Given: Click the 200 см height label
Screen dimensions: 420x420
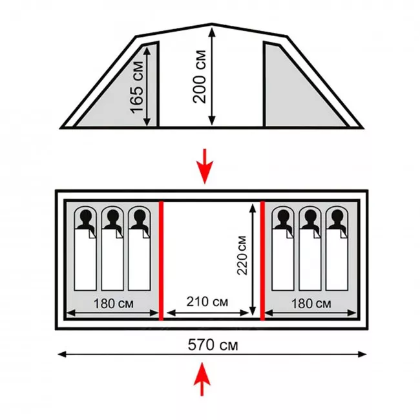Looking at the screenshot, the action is coord(200,77).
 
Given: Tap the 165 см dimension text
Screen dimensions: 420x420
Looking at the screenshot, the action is coord(136,87).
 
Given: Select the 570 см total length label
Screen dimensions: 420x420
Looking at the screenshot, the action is coord(213,345).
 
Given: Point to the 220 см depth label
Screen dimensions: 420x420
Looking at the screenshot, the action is coord(242,255).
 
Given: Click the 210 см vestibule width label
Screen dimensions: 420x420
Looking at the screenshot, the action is coord(207,302).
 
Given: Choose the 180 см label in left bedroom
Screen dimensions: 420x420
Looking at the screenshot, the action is coord(113,304).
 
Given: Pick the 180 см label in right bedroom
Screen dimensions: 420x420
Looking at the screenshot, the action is coord(311,304).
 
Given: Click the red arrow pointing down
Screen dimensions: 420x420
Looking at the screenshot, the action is coord(205,166).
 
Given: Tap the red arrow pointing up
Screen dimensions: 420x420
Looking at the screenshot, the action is coord(202,379).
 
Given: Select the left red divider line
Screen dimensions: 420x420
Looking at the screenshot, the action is coord(162,260).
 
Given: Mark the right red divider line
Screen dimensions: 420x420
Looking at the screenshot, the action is coord(262,260).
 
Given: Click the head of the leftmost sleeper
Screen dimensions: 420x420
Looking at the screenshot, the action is coord(86,216).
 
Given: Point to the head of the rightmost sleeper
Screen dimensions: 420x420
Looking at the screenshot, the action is coord(337,216).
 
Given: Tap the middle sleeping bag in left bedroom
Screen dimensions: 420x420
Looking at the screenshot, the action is coord(112,248).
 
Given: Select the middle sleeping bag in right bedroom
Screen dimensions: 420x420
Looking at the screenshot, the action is coord(310,248).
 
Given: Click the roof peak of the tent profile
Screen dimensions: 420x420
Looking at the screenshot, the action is coord(212,24).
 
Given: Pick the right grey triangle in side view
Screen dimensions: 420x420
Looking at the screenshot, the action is coord(297,89).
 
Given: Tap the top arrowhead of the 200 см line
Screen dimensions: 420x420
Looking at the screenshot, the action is coord(212,32).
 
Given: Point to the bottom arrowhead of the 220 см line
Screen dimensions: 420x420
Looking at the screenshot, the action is coord(252,312).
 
